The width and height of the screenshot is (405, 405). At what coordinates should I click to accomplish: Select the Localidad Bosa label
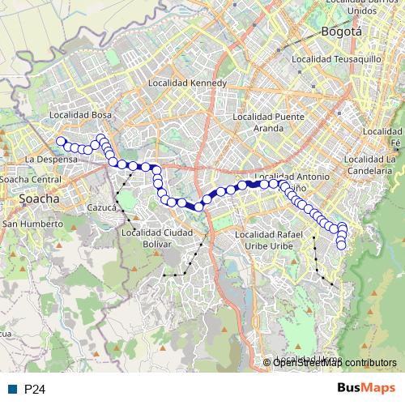point(80,116)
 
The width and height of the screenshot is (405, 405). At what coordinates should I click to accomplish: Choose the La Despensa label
point(52,160)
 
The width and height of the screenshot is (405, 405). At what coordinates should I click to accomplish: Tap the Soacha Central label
point(31,178)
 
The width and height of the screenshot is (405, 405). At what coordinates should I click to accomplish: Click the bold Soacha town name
point(38,198)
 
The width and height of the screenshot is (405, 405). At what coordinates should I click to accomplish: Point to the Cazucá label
point(103,207)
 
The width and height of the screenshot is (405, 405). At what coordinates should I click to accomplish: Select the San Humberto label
point(32,223)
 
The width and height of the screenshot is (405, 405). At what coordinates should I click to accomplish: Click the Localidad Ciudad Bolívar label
point(158,238)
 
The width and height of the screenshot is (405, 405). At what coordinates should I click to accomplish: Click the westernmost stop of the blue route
point(60,142)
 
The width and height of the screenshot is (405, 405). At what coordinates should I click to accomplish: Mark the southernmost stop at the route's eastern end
point(341,245)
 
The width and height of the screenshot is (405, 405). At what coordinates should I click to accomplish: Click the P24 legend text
point(34,390)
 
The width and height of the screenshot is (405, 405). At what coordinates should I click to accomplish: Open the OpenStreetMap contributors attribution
point(334,363)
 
